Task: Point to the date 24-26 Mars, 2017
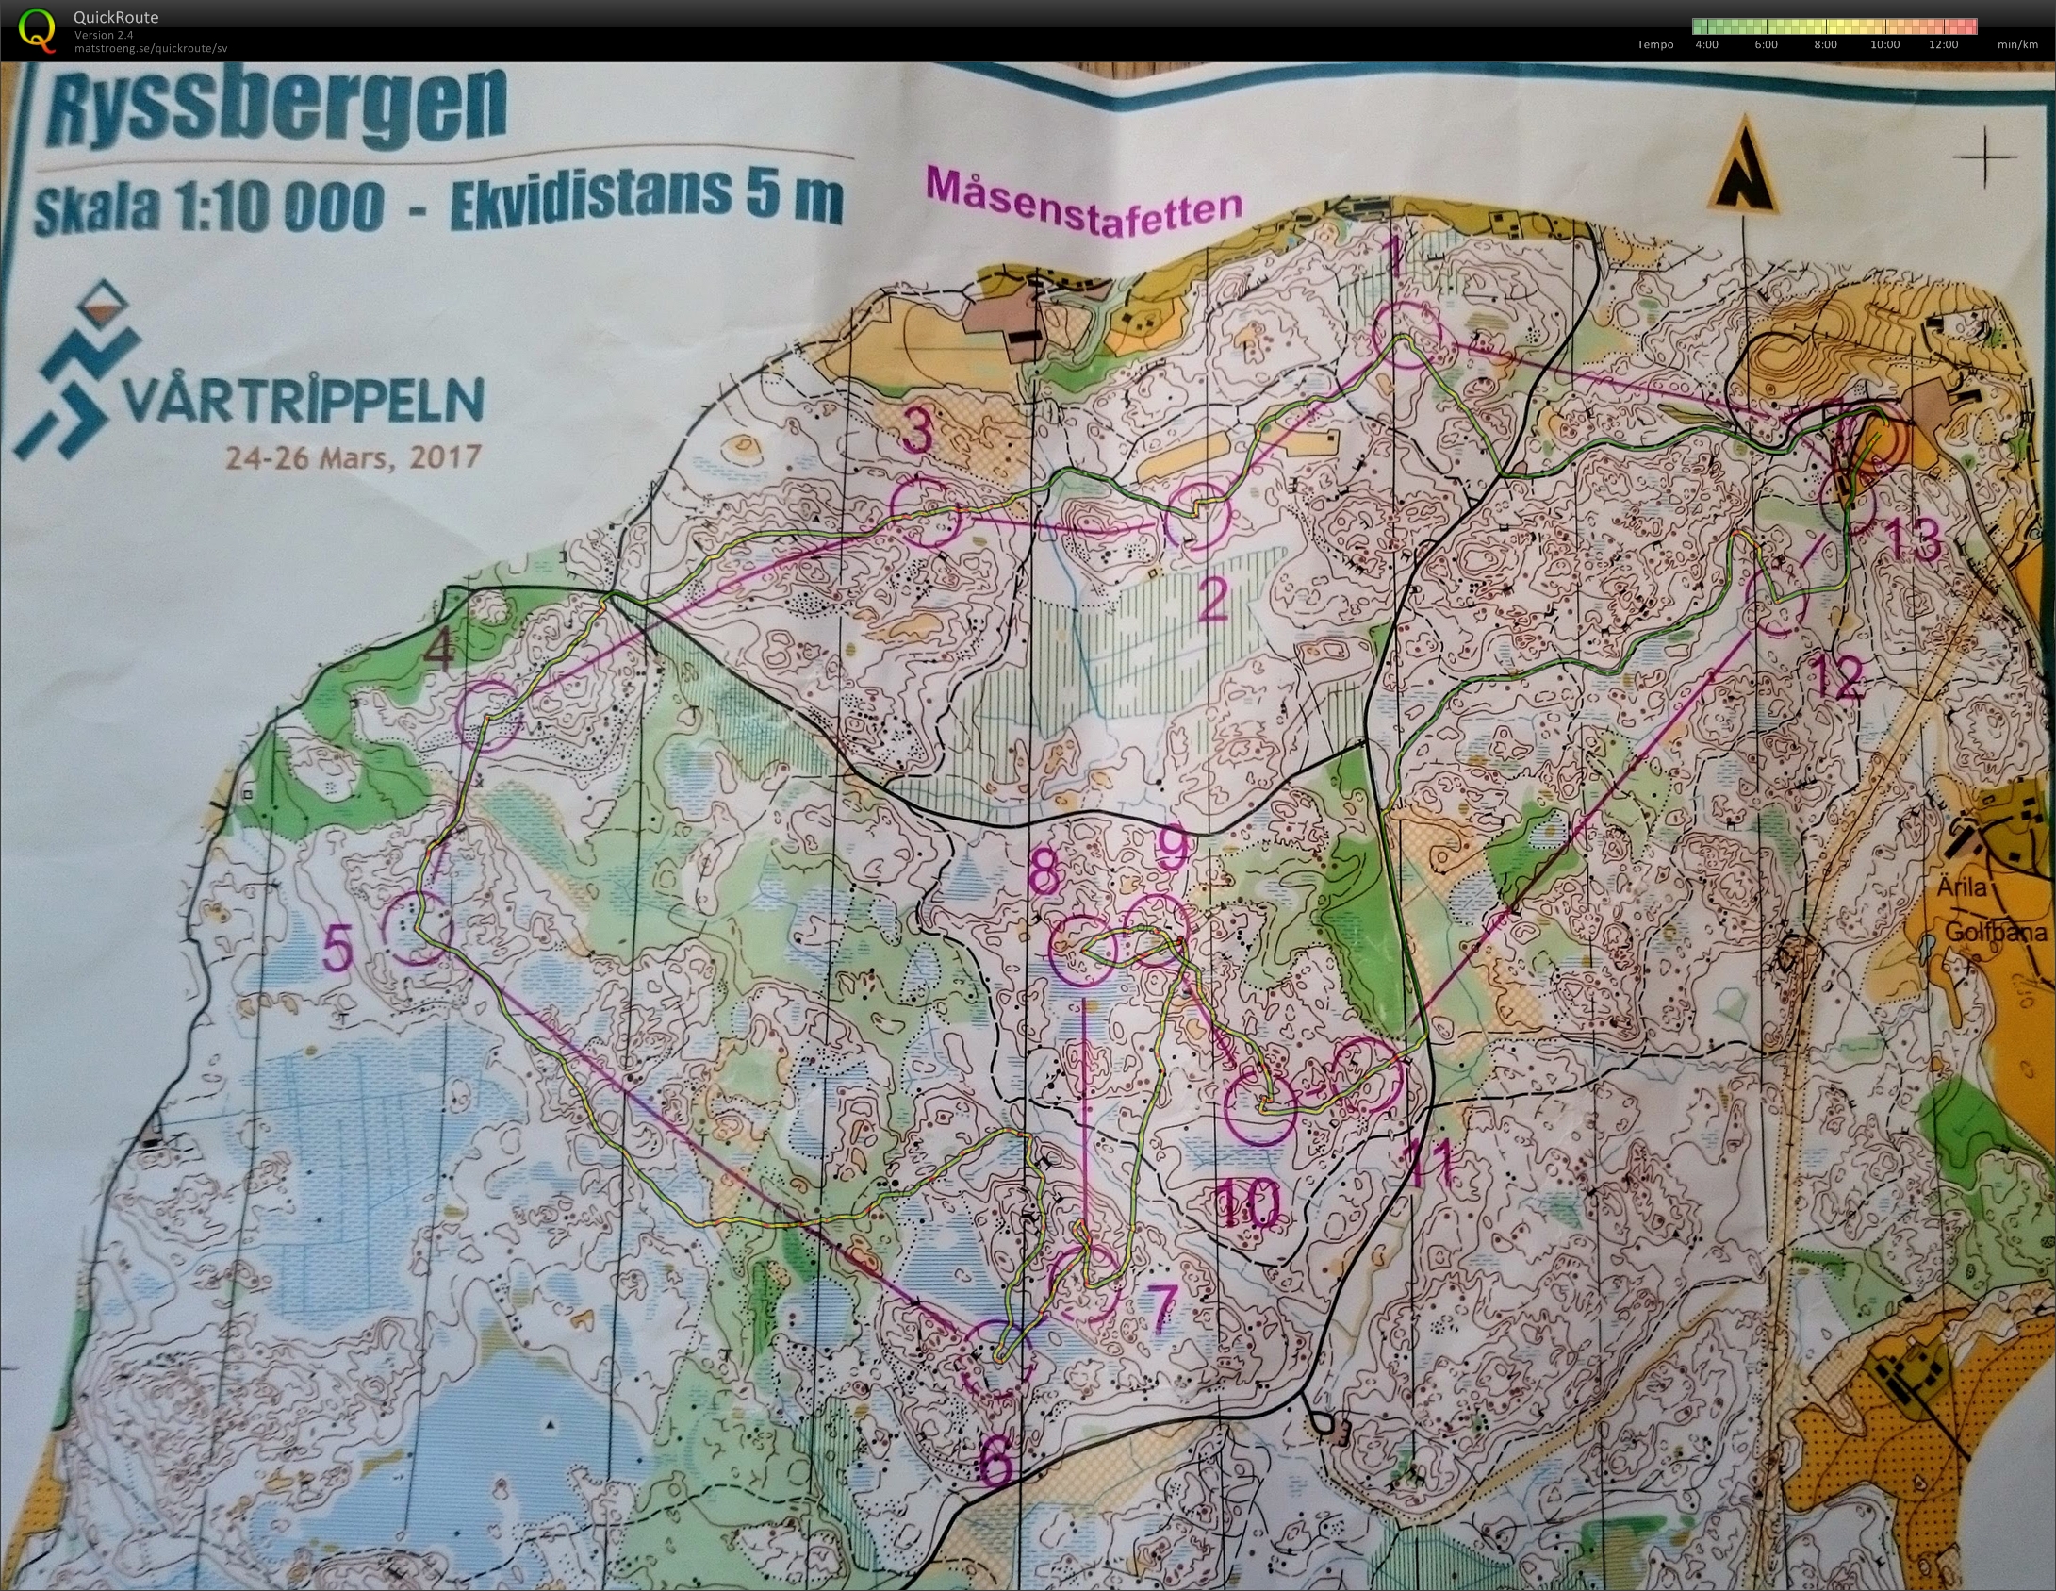click(x=353, y=457)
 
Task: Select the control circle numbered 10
click(x=1261, y=1107)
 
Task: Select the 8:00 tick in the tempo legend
click(x=1825, y=44)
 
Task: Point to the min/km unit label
click(x=2017, y=44)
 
